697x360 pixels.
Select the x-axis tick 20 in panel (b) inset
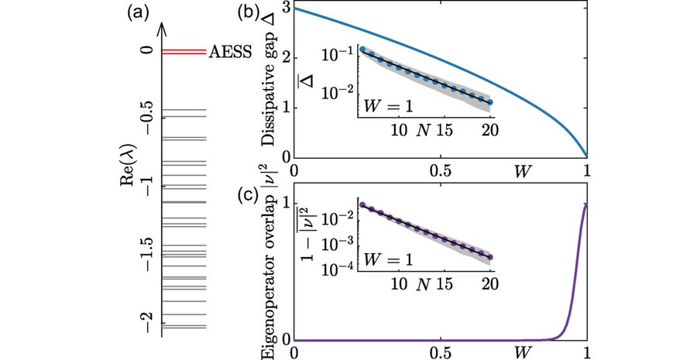click(489, 132)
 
